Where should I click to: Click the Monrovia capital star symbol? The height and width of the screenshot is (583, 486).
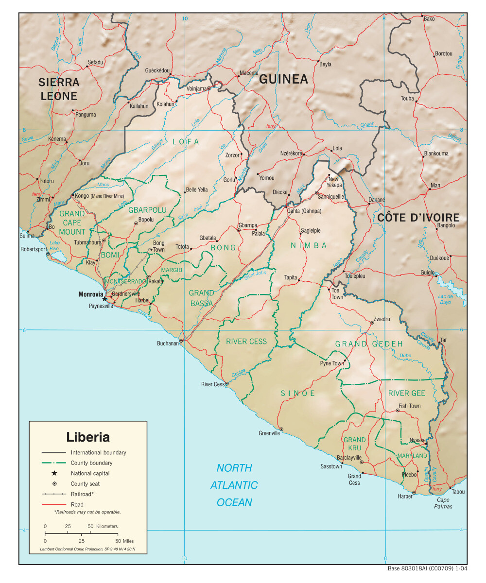pos(104,299)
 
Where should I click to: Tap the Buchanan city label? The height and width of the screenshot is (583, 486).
pos(168,343)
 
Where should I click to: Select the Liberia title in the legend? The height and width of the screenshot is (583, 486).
pos(88,437)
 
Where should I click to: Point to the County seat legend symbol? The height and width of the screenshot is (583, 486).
pos(54,483)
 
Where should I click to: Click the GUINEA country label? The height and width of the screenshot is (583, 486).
pos(283,79)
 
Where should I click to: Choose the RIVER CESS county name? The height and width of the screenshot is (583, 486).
pos(246,342)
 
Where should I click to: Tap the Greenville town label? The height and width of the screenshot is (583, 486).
pos(269,433)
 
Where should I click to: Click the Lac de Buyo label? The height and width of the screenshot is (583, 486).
pos(445,299)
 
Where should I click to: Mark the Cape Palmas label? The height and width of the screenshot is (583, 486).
pos(443,503)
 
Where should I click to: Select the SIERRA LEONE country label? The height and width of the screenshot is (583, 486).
pos(58,89)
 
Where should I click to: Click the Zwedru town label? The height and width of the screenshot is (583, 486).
pos(381,321)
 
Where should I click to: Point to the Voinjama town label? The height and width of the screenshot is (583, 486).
pos(197,88)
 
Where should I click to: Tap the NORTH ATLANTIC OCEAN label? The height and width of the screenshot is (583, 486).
pos(234,485)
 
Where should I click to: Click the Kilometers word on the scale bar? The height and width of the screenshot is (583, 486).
pos(107,526)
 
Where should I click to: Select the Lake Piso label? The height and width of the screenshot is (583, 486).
pos(54,246)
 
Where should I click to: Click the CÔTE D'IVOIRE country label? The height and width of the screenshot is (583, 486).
pos(418,218)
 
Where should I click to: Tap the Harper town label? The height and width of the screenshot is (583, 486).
pos(405,497)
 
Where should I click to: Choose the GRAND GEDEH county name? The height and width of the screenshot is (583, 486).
pos(369,344)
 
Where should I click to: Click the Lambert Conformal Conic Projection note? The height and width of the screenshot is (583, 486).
pos(87,549)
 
